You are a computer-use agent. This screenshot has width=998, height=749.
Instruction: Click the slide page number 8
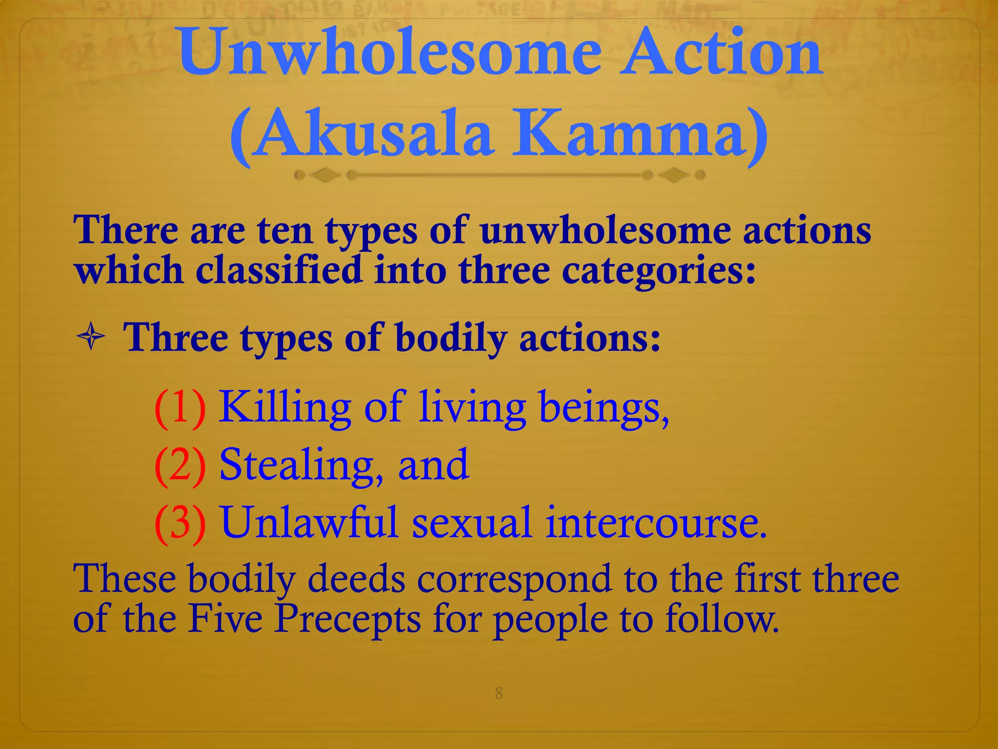point(499,693)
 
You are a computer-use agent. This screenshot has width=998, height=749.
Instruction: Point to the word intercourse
point(655,523)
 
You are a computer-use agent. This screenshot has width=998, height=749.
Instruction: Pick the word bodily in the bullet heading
point(451,338)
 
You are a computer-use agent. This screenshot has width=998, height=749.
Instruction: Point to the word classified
point(279,270)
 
